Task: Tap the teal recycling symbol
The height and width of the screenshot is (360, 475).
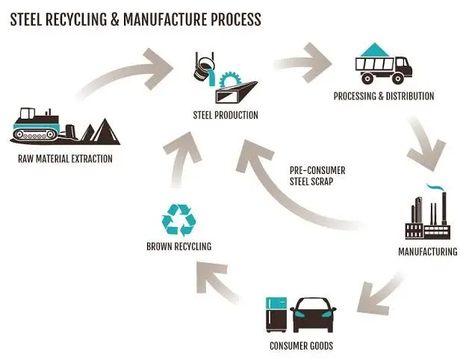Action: click(x=178, y=220)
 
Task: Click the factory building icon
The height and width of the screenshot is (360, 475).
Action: click(x=428, y=215)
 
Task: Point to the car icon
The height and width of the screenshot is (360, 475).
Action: click(x=313, y=315)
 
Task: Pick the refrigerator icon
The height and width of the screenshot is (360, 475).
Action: click(x=276, y=314)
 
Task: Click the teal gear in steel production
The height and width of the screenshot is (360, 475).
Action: click(x=230, y=79)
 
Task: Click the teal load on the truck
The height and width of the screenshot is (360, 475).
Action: click(x=375, y=50)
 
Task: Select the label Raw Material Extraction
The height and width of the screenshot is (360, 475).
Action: click(x=65, y=159)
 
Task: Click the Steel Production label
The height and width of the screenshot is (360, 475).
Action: click(x=226, y=115)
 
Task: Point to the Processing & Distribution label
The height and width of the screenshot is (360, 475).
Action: click(x=384, y=96)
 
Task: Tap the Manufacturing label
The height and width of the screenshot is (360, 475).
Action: click(x=428, y=252)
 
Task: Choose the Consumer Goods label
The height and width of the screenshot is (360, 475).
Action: click(x=301, y=346)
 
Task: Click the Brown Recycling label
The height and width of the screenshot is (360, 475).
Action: click(x=179, y=246)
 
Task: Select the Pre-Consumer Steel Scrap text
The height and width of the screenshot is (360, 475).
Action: click(x=317, y=176)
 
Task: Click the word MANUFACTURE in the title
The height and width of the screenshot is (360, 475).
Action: click(x=165, y=19)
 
